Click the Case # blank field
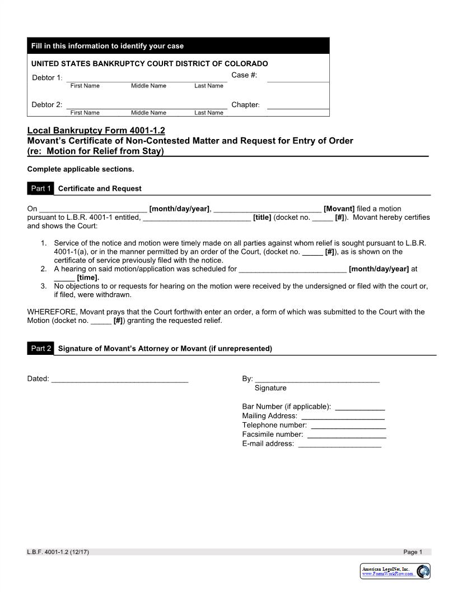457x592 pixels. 297,78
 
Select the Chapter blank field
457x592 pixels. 297,105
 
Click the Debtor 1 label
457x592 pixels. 47,77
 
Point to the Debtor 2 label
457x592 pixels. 47,105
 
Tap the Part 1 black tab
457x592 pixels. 41,188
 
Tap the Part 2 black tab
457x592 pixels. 41,349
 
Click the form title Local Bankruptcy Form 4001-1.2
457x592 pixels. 96,131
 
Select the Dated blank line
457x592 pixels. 119,379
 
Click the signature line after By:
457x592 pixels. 317,379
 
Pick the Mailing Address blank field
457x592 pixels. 343,416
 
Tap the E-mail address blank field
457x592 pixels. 339,444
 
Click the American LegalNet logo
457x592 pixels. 395,571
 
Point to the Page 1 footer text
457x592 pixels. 413,552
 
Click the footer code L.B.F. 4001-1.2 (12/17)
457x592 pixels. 58,552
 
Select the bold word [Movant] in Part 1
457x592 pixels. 339,209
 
